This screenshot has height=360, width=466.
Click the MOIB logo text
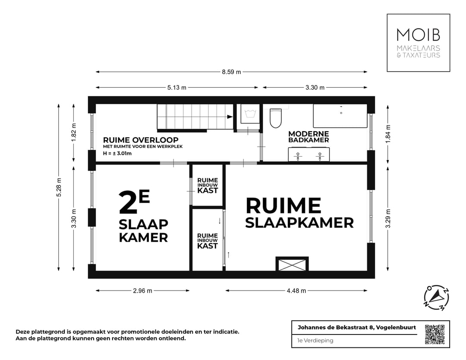point(418,35)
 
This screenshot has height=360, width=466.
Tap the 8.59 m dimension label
point(231,72)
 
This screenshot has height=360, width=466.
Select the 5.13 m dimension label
point(177,88)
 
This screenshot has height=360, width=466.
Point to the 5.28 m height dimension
point(59,187)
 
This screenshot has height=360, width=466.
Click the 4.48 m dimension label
point(296,291)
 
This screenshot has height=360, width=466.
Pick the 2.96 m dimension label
point(142,291)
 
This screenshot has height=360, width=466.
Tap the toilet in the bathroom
point(275,117)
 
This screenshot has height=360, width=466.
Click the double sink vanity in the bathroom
point(309,155)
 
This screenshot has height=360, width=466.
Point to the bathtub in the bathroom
point(340,116)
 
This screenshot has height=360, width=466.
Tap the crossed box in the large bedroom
point(292,264)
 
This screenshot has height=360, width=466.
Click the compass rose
point(436,298)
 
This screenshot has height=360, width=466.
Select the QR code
point(435,334)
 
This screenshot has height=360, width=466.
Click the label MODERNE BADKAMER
point(309,137)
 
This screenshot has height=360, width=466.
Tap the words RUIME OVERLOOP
point(141,140)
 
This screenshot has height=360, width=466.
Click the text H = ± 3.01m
point(117,153)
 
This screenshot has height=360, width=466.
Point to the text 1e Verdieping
point(315,341)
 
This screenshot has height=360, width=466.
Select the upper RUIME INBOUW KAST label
point(208,185)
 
